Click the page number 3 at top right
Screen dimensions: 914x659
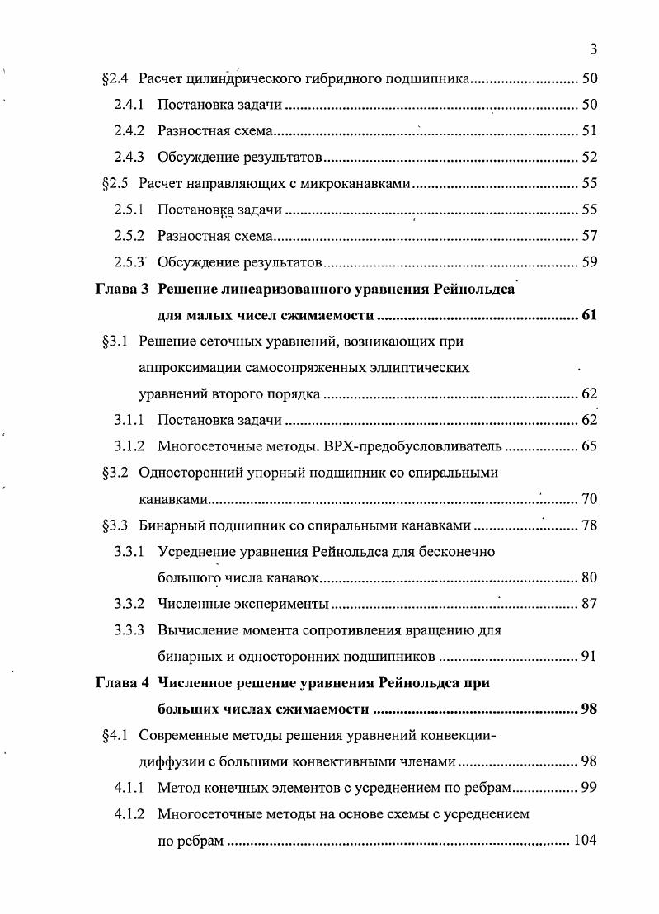[593, 50]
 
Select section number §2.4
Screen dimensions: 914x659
[115, 79]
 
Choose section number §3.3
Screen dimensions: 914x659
[115, 525]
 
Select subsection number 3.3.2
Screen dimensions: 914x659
[130, 604]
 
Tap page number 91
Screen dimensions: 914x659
[588, 657]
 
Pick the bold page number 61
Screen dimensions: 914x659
[588, 316]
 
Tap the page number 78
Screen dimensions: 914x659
[588, 525]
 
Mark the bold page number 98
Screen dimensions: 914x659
[588, 709]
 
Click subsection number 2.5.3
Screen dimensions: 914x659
[130, 263]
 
